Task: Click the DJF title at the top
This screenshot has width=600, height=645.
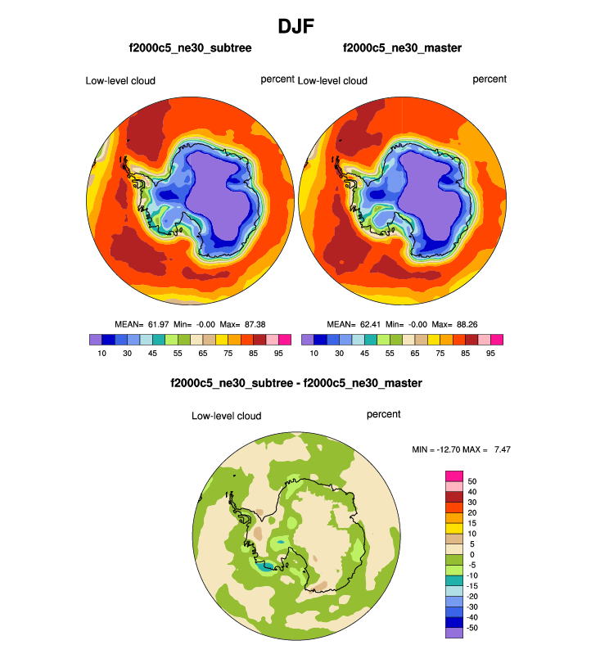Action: tap(300, 25)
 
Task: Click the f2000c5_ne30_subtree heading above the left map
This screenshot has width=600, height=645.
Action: tap(189, 48)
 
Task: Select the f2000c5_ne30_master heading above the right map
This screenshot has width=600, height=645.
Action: tap(402, 48)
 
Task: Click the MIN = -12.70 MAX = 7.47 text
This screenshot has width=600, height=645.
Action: tap(463, 449)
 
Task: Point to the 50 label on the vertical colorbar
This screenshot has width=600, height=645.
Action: tap(472, 480)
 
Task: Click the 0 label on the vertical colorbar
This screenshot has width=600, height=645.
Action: tap(471, 554)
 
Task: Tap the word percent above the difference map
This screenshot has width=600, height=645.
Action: tap(384, 414)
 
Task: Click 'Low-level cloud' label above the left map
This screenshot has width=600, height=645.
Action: tap(120, 80)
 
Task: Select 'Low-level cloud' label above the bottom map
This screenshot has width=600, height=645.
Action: tap(227, 416)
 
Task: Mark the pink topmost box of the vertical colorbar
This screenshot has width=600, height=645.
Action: tap(453, 476)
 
